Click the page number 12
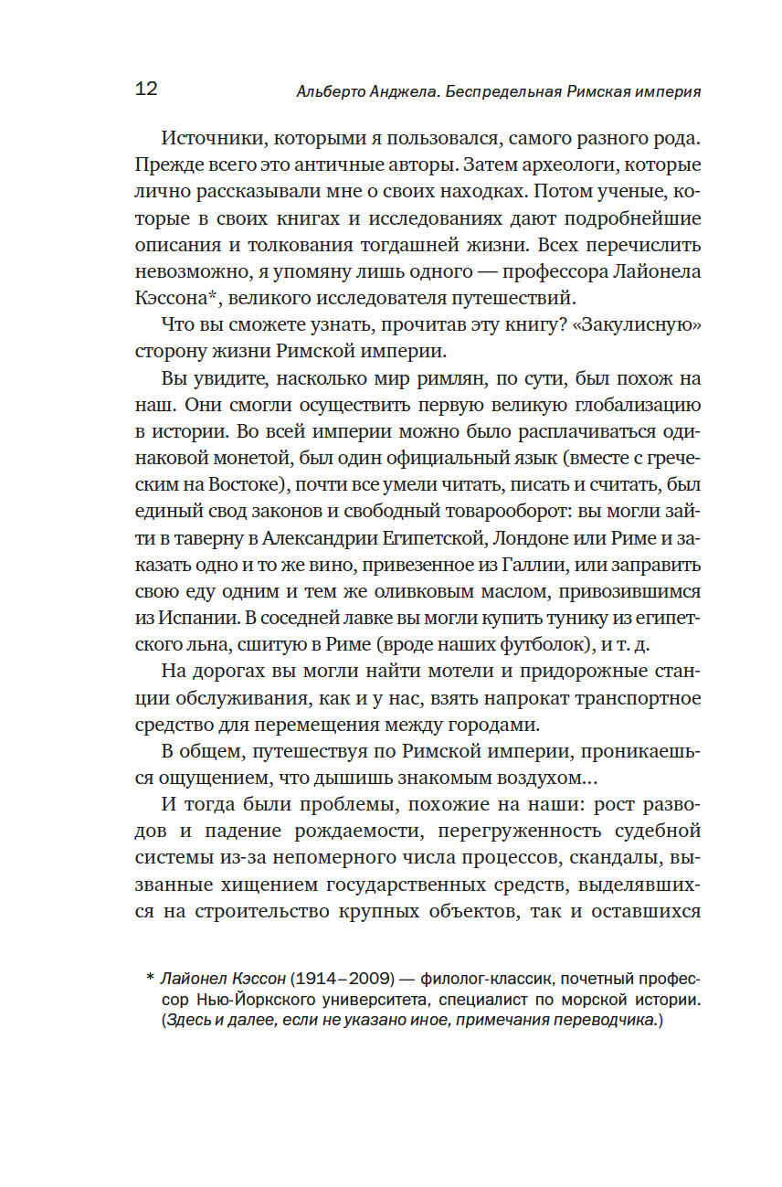tap(146, 89)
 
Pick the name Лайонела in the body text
tap(653, 272)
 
